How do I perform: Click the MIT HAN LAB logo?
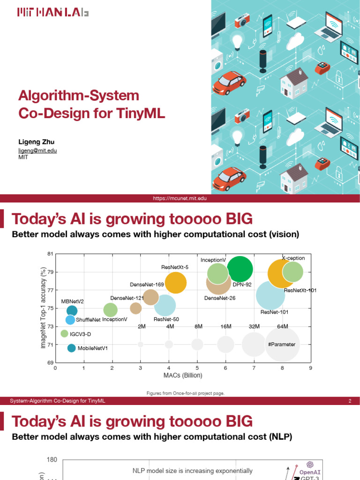(x=52, y=13)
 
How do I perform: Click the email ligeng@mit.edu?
(x=37, y=150)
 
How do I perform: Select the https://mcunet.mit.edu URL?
(x=180, y=199)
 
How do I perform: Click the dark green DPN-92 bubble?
(x=240, y=269)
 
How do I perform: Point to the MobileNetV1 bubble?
(x=71, y=348)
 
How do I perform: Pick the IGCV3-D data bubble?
(x=64, y=334)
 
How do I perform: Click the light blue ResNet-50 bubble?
(x=165, y=306)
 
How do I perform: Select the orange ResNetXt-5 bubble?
(x=175, y=283)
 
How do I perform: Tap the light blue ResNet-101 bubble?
(x=270, y=295)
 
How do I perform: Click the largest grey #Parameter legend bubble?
(x=282, y=345)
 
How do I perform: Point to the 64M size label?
(x=282, y=326)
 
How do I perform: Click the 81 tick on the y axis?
(x=51, y=254)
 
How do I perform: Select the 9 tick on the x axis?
(x=310, y=368)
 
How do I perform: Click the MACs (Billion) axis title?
(x=182, y=375)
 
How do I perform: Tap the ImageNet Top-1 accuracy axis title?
(x=43, y=308)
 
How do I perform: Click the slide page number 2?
(x=350, y=401)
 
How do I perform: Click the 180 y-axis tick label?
(x=52, y=460)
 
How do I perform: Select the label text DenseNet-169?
(x=147, y=285)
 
